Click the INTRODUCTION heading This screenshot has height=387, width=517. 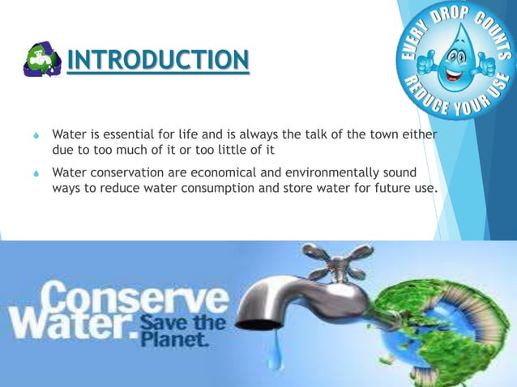pos(157,60)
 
